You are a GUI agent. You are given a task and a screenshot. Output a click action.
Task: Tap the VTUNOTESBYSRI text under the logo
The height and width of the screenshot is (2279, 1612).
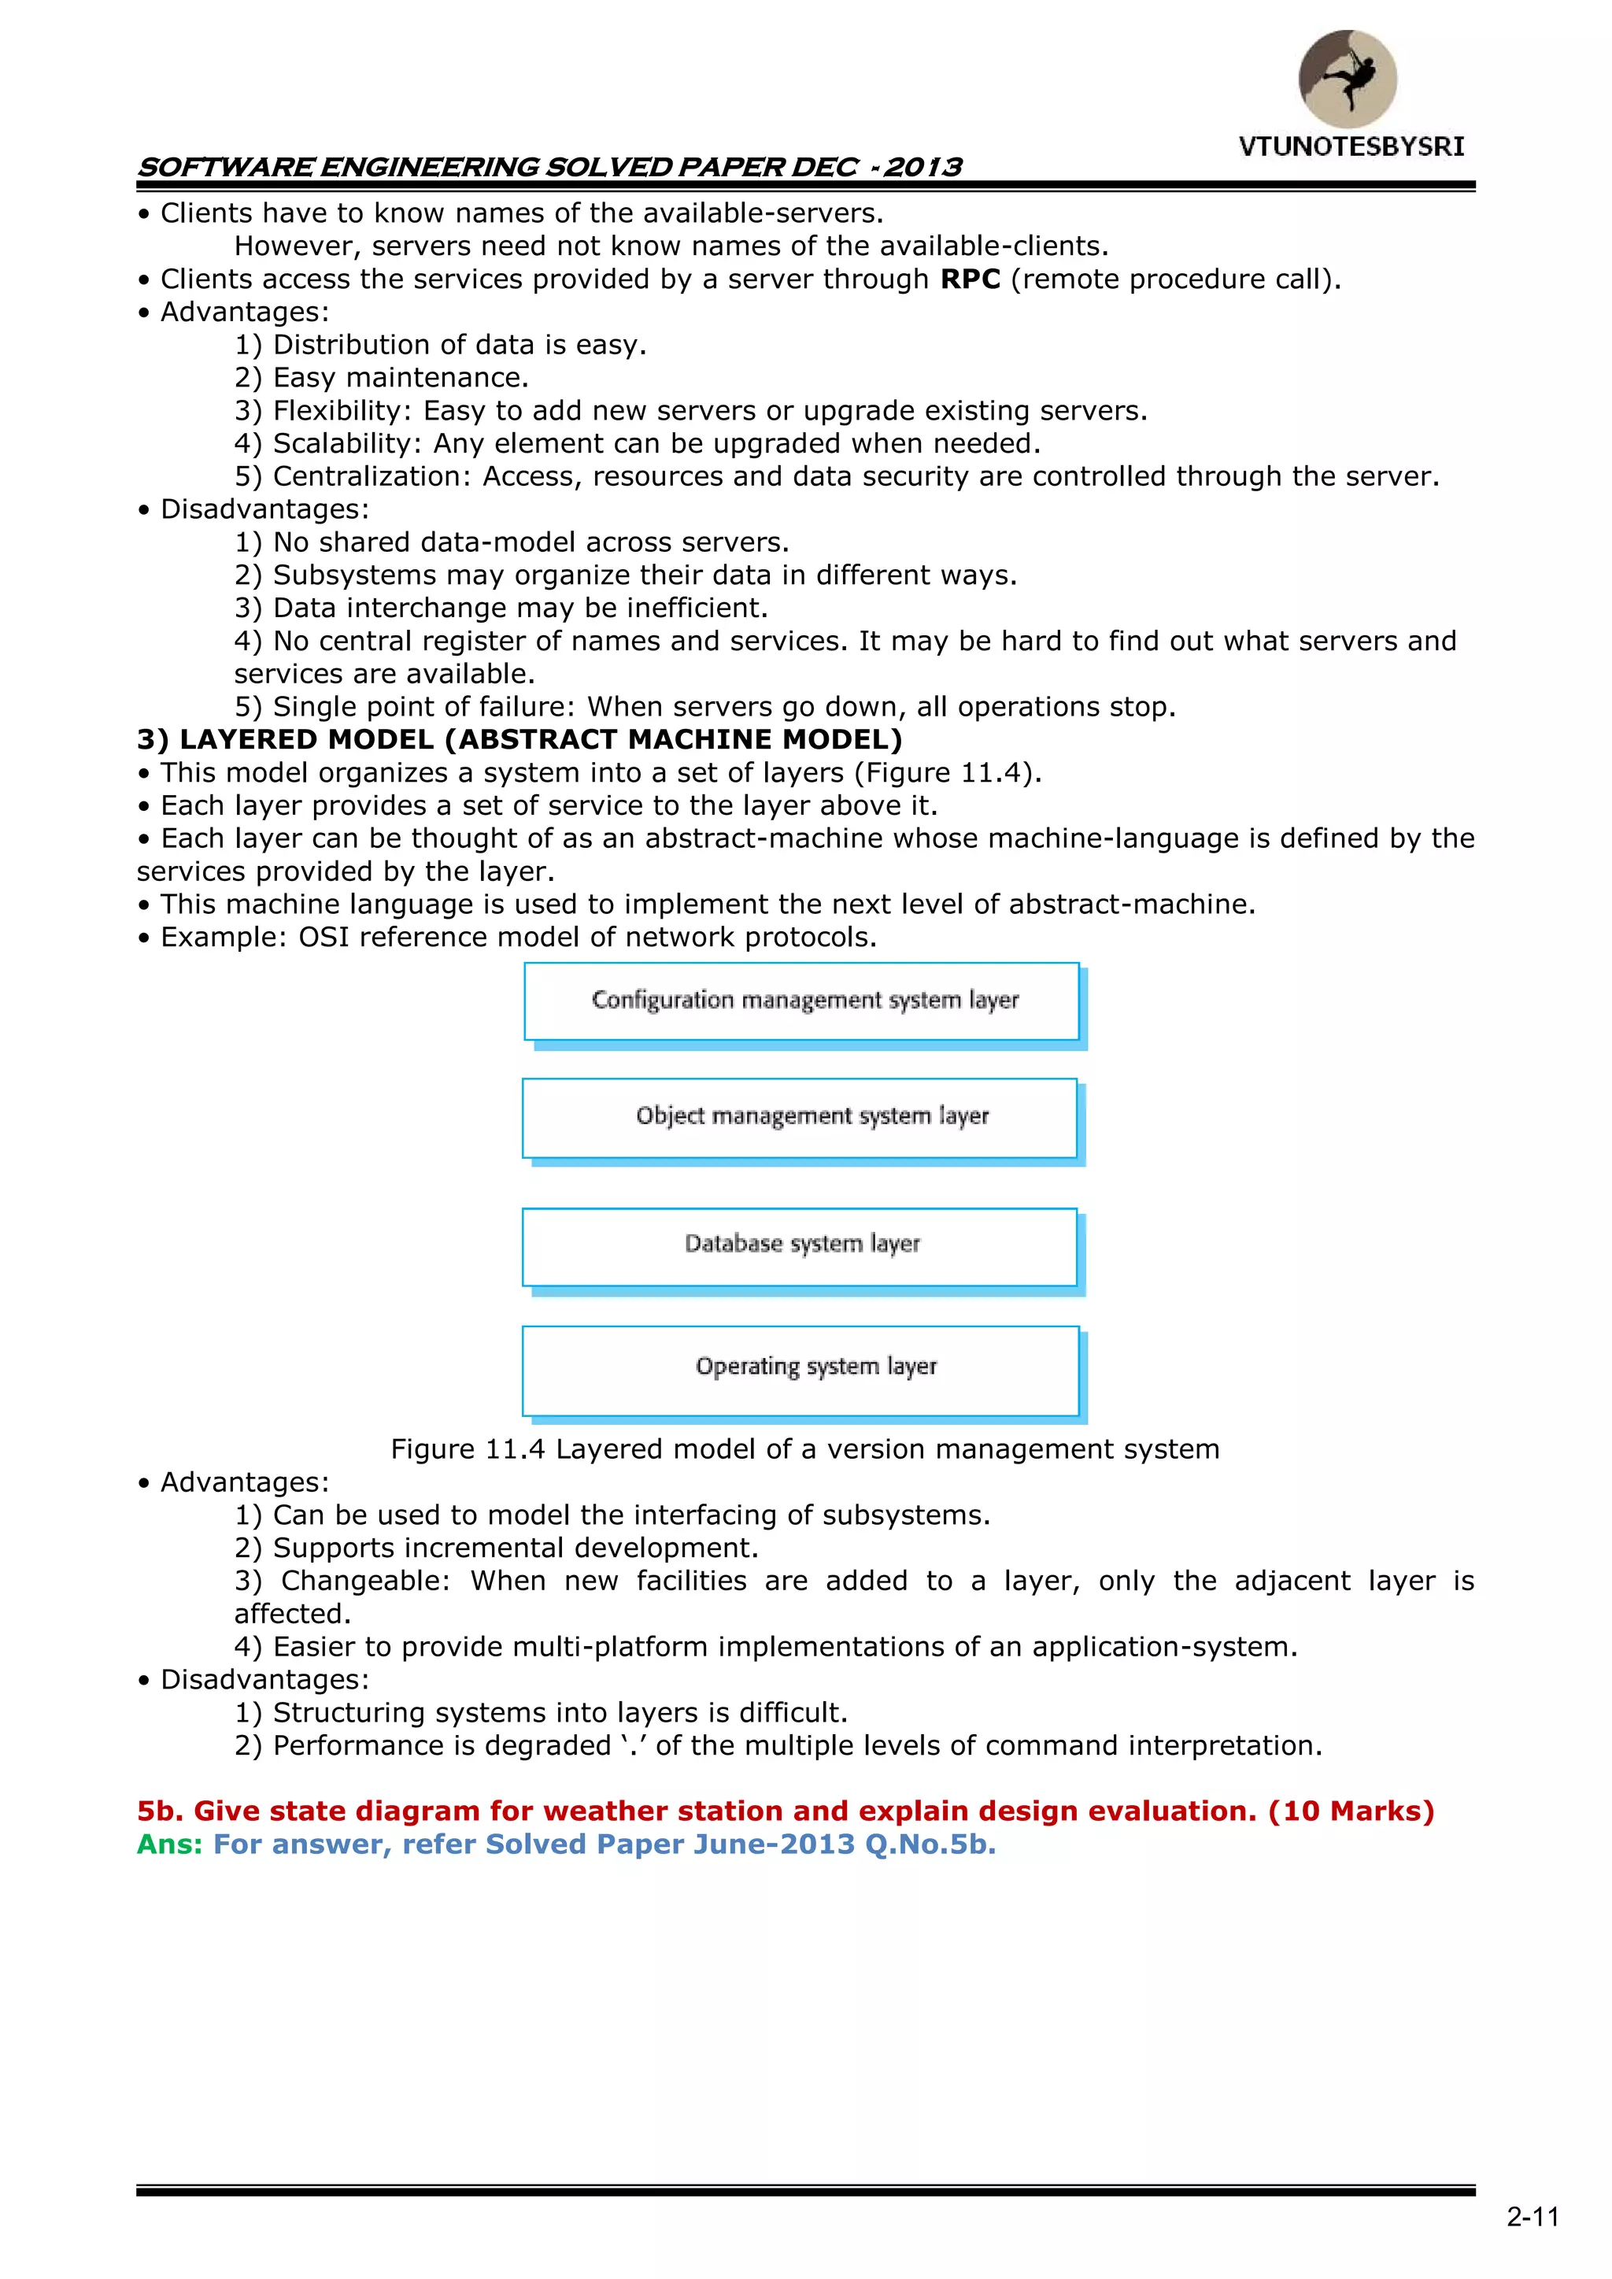point(1351,147)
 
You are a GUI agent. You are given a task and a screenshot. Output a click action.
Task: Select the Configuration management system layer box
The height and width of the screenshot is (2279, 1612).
point(802,1001)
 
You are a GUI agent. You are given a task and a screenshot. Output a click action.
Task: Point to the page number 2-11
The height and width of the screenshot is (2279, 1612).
point(1533,2218)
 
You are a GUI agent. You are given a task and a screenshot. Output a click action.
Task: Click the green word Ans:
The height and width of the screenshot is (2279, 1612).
point(170,1844)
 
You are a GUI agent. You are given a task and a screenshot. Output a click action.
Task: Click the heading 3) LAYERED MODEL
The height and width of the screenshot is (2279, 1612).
point(519,739)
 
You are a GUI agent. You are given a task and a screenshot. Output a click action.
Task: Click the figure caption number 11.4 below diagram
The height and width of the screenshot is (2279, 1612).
point(516,1449)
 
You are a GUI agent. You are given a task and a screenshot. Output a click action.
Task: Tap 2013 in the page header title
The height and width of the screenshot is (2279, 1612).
point(923,167)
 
